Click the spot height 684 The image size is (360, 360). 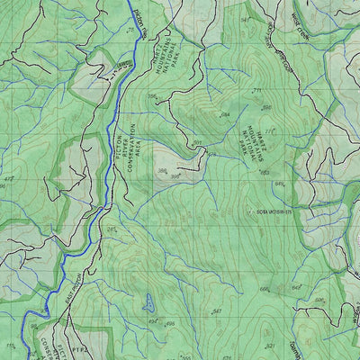225,114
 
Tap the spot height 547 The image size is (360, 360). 217,311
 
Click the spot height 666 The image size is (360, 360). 265,289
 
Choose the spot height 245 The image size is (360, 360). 112,229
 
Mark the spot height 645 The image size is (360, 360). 279,184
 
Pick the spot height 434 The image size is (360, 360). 152,321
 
